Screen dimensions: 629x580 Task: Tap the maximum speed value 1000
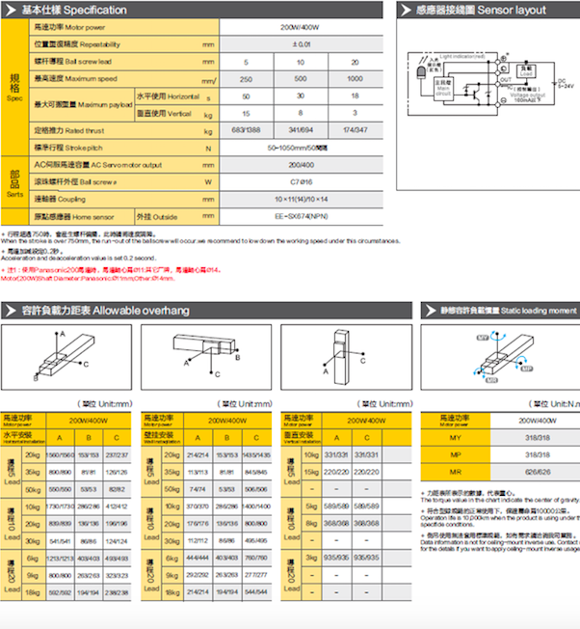point(355,78)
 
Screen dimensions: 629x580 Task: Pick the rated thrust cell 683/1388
point(247,129)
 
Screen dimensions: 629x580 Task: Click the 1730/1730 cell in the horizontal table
point(59,506)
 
